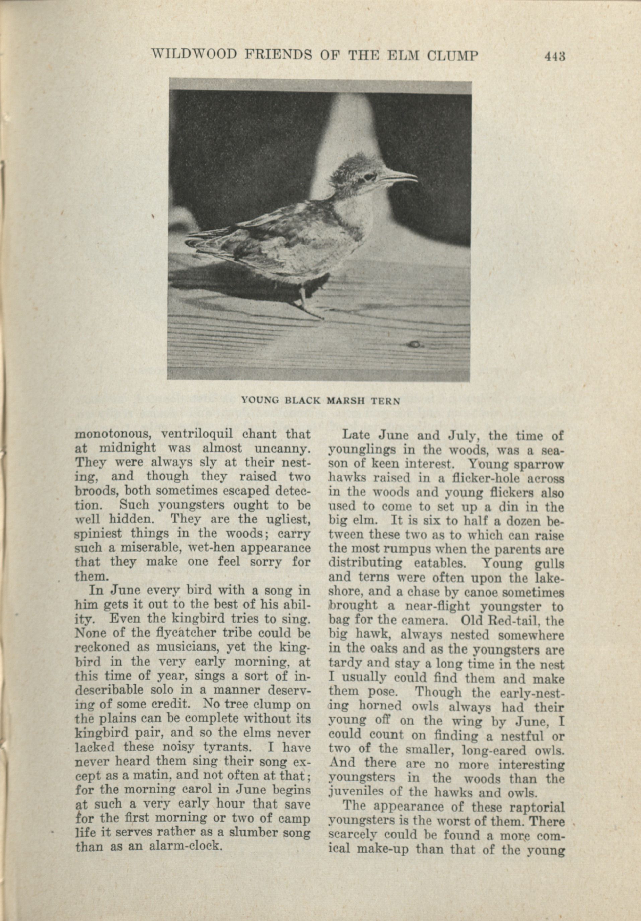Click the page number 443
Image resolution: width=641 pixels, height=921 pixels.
555,56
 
